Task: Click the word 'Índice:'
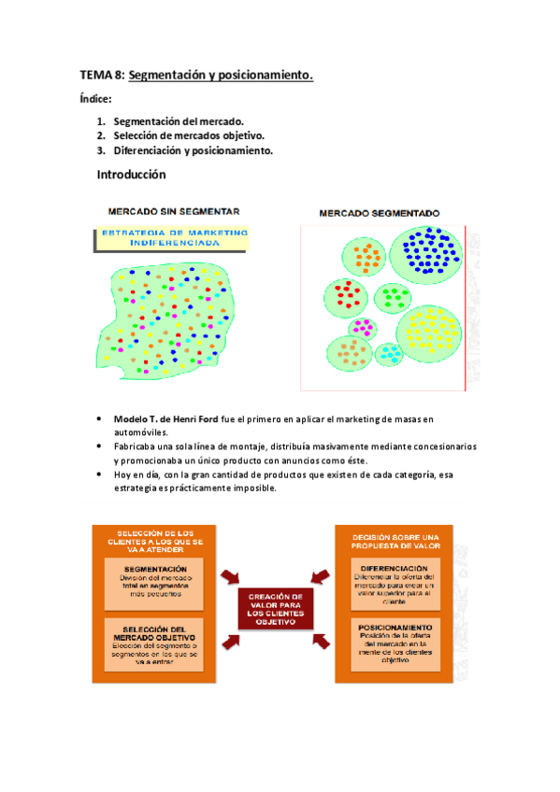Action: [x=96, y=99]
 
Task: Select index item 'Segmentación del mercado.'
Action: [x=179, y=121]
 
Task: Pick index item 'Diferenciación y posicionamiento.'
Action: [x=194, y=151]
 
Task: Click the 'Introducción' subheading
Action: [x=131, y=175]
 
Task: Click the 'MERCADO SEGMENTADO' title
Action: [x=381, y=213]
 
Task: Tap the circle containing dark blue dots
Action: [x=432, y=249]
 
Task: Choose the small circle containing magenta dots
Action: [x=363, y=328]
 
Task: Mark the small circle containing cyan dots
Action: [x=389, y=353]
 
